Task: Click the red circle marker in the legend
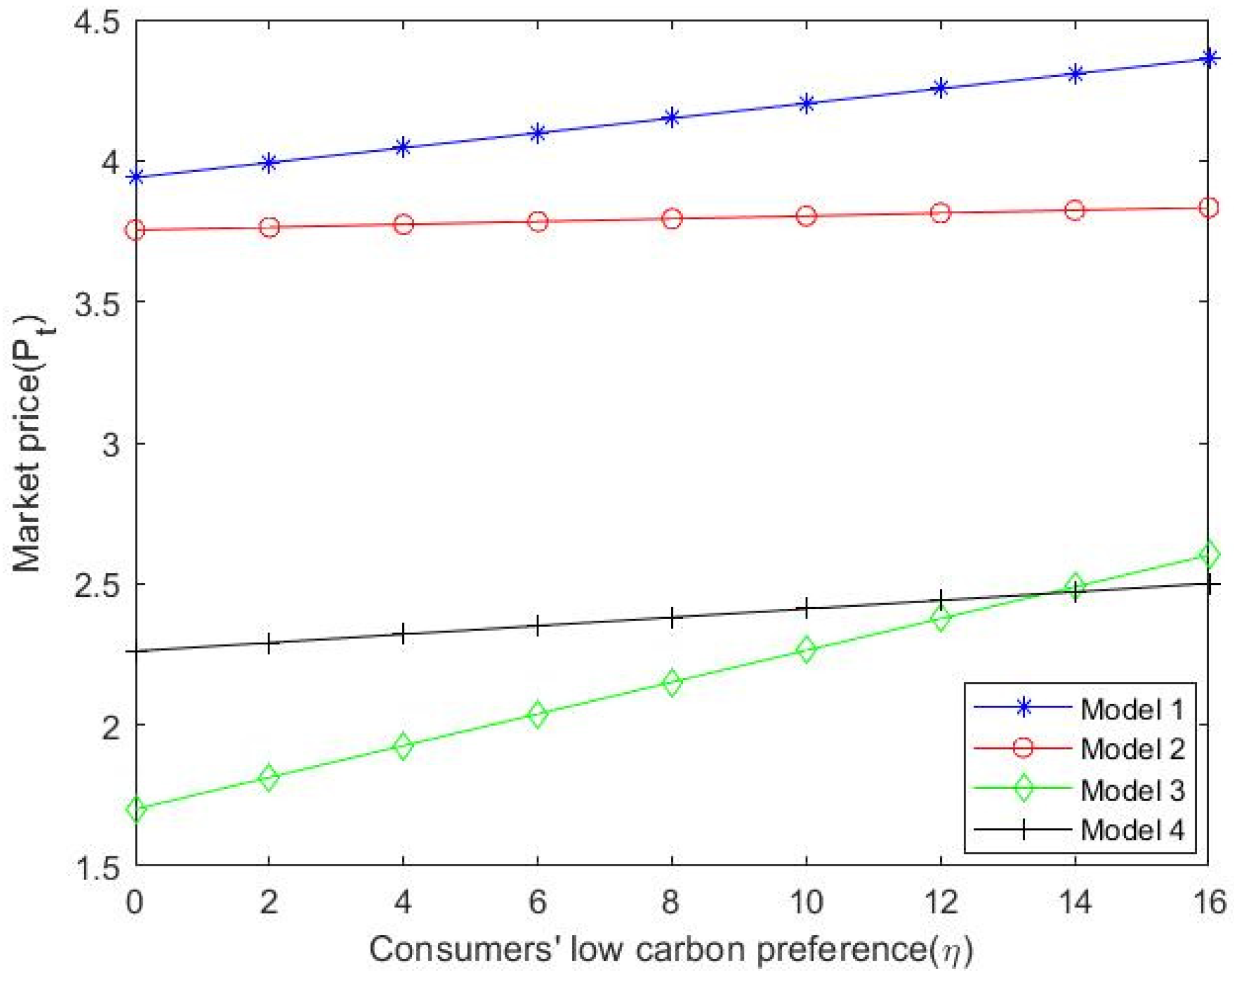1023,748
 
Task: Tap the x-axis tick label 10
806,902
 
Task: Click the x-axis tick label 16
1208,902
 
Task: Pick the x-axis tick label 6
537,902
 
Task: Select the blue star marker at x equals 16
1208,58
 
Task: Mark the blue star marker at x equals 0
136,178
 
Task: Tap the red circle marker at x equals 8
672,219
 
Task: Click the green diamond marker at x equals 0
136,809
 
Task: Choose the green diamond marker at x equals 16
1208,554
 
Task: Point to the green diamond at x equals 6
537,714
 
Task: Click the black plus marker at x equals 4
403,634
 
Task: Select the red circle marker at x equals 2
269,227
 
